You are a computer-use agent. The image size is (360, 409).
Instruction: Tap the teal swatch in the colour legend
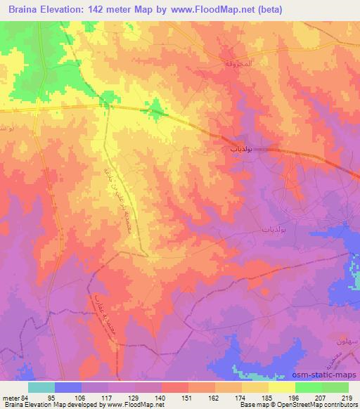coord(42,387)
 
